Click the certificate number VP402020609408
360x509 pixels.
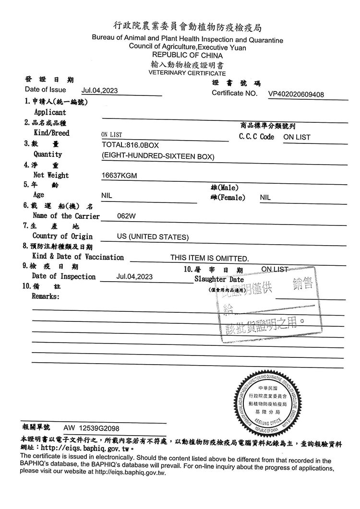296,95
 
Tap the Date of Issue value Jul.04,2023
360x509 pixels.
100,90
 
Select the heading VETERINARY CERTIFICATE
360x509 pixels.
187,73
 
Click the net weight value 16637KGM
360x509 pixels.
120,176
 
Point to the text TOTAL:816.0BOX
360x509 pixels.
130,144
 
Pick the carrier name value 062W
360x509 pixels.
127,216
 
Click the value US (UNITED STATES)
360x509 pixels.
153,237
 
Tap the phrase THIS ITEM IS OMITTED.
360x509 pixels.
210,258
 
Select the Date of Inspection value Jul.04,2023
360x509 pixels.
134,276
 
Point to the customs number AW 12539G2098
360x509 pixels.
91,428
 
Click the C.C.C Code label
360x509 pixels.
256,137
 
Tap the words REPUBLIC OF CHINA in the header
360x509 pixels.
187,56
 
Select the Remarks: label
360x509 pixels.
46,296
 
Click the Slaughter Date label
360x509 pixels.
219,279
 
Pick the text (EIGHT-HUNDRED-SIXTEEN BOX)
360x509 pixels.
158,156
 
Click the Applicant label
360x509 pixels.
50,112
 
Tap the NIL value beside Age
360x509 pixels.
107,196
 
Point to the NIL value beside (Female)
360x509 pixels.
265,197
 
